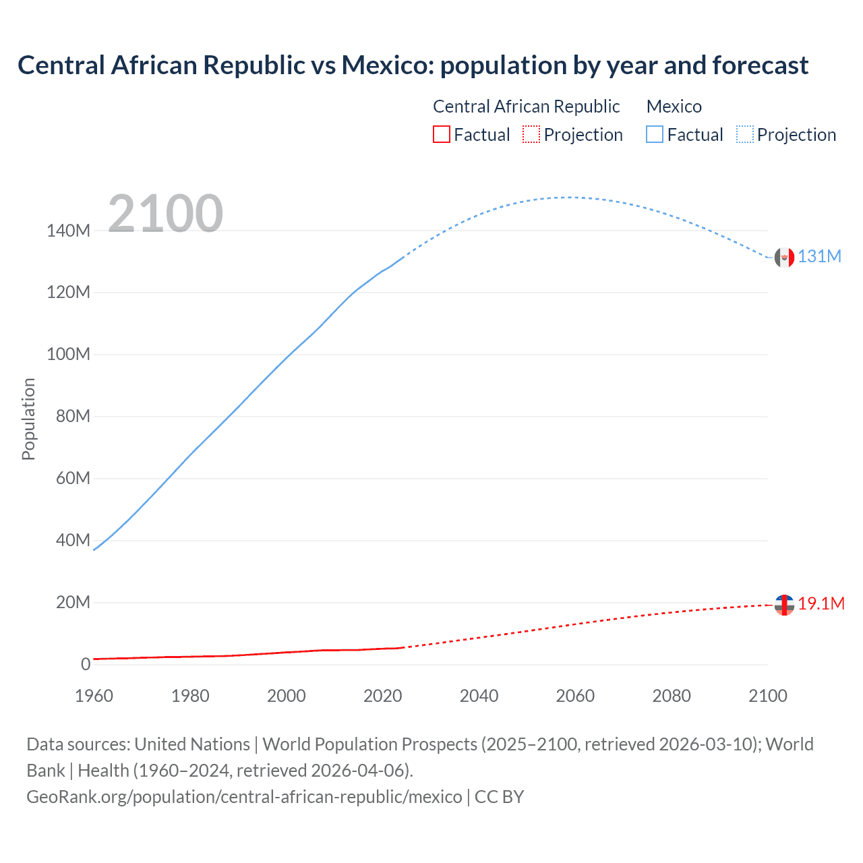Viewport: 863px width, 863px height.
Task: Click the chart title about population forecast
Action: click(413, 65)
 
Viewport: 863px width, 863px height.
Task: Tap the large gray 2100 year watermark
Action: click(165, 213)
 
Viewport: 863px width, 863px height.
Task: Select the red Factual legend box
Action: click(441, 135)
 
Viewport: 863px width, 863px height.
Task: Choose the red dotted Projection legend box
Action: click(531, 135)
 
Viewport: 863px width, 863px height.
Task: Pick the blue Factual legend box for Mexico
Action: click(654, 135)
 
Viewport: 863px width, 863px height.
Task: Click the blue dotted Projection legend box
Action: click(745, 135)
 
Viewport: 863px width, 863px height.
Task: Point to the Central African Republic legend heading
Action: click(526, 107)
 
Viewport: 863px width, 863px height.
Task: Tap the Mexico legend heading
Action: click(674, 107)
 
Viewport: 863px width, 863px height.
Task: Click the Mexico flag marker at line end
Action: click(784, 257)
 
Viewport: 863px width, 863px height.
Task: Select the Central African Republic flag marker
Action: click(784, 605)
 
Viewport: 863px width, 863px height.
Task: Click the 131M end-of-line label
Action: click(819, 257)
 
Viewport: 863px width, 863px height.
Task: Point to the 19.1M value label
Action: click(821, 603)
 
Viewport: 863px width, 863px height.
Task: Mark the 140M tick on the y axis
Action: click(68, 231)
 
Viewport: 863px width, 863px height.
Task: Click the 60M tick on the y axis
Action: click(73, 479)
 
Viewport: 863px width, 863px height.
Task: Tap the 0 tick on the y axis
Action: click(85, 664)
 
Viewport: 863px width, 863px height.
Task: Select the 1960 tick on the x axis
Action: click(94, 696)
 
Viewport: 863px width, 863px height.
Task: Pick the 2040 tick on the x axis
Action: click(479, 696)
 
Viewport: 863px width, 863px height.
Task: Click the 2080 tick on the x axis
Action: click(672, 696)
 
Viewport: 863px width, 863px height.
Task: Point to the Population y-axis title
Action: click(28, 419)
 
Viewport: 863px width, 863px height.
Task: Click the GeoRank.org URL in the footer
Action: click(244, 797)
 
